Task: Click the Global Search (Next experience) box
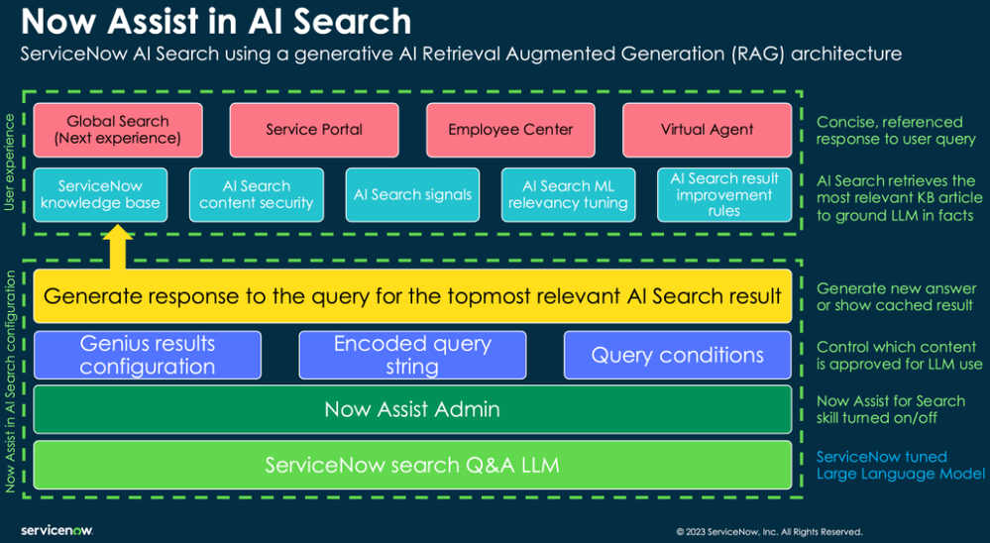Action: coord(118,130)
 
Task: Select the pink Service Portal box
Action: coord(314,130)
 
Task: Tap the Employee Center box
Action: coord(510,130)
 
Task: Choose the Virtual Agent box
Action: coord(707,130)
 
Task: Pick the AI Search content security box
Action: coord(257,194)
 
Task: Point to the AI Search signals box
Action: coord(412,194)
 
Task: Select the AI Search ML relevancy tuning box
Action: coord(568,194)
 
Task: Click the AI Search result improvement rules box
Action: coord(724,194)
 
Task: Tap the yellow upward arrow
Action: coord(118,249)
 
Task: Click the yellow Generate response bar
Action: coord(412,296)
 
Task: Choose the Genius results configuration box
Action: coord(148,355)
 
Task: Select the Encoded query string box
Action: coord(412,355)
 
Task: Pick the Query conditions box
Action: coord(677,355)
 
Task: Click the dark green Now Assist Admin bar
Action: coord(412,409)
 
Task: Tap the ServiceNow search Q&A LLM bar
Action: coord(412,465)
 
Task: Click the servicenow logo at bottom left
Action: coord(56,531)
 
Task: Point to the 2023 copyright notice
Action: coord(769,532)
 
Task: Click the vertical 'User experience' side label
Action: coord(11,163)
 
